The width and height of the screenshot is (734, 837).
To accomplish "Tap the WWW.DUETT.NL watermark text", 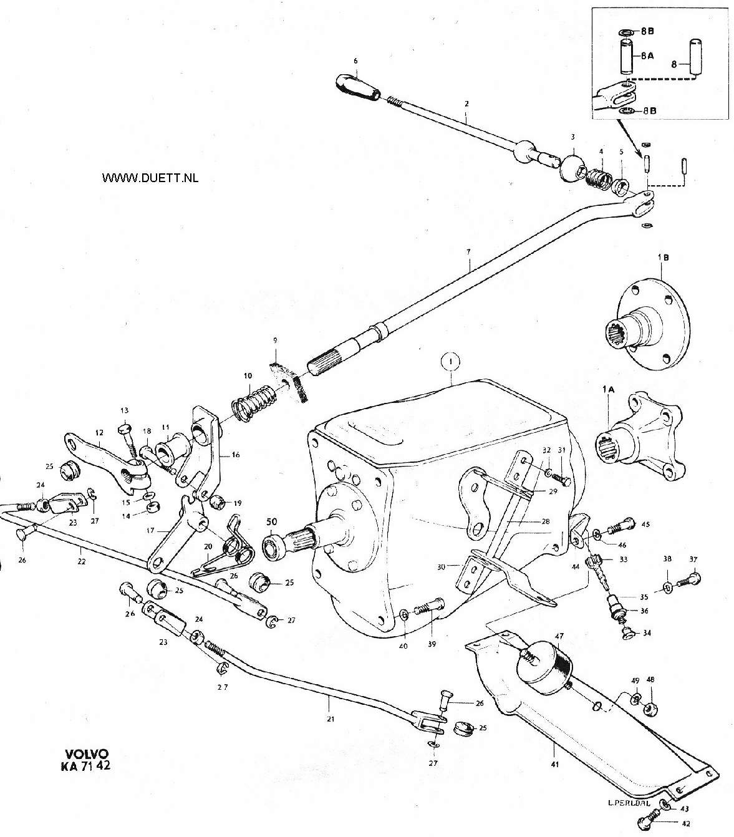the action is [x=150, y=178].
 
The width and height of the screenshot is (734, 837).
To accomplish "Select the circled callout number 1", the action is [x=451, y=362].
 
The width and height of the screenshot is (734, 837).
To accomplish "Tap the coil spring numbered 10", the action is [x=253, y=404].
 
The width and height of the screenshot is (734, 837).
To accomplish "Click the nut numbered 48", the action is [x=651, y=709].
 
